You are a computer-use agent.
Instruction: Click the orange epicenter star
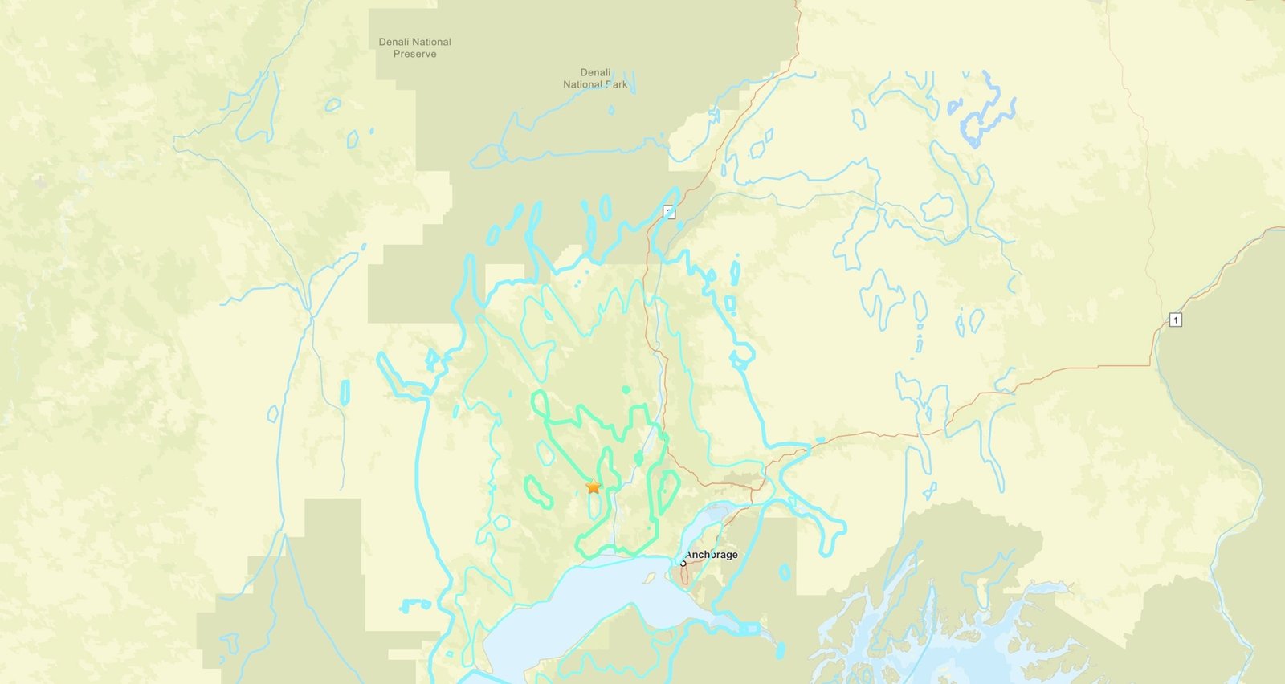[594, 487]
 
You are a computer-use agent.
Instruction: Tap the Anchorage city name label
[711, 555]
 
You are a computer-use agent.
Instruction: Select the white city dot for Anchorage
[683, 563]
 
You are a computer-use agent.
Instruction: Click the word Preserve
[414, 54]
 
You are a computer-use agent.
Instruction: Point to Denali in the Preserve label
[394, 42]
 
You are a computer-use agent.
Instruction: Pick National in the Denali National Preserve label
[432, 42]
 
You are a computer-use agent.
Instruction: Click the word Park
[617, 84]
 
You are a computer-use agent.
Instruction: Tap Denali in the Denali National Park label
[595, 72]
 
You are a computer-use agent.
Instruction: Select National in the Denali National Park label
[583, 84]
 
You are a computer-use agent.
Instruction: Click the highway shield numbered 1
[1176, 320]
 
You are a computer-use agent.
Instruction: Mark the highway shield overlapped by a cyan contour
[670, 213]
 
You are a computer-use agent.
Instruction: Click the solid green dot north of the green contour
[626, 389]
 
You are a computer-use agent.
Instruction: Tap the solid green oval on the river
[639, 458]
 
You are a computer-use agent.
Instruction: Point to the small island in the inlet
[649, 578]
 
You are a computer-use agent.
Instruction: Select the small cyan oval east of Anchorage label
[785, 572]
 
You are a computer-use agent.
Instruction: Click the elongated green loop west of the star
[540, 491]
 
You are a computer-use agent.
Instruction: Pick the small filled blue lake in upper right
[954, 106]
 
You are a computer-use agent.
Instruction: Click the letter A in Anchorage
[689, 555]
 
